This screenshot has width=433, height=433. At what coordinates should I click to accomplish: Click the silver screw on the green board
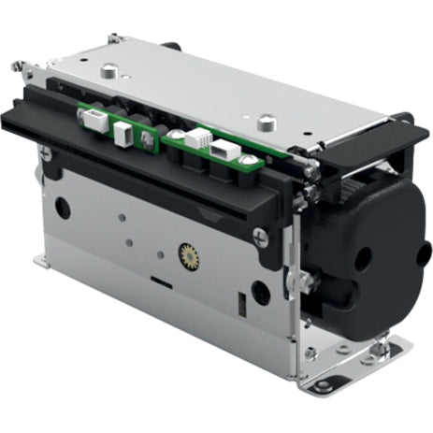pos(146,137)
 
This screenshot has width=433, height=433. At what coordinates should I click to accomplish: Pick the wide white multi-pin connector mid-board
pos(199,138)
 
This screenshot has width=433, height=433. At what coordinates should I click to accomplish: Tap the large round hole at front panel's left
pos(63,208)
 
